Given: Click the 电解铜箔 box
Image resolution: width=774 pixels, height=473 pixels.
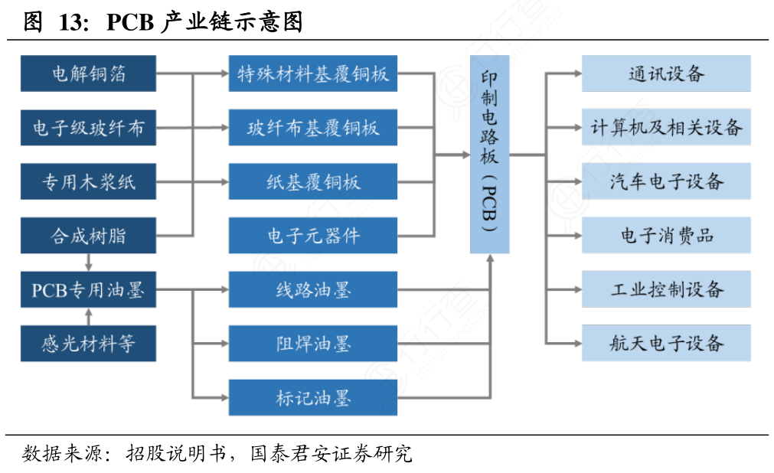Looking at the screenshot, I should tap(88, 73).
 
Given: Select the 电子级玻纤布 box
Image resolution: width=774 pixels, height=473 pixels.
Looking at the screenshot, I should tap(88, 128).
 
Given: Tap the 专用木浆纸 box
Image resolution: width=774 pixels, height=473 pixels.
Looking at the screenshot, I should tap(88, 181).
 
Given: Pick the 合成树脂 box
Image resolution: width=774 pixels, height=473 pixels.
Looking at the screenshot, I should tap(88, 236).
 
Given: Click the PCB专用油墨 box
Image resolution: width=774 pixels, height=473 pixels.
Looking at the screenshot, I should tap(88, 290).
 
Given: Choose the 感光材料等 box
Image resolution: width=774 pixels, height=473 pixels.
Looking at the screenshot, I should tap(88, 344).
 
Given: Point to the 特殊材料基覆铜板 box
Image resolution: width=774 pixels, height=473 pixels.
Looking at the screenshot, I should tap(312, 73).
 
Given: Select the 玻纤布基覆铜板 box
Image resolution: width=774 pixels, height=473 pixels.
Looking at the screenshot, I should tap(312, 128).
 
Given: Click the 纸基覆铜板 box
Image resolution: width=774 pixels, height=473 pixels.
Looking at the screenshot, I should tap(312, 181).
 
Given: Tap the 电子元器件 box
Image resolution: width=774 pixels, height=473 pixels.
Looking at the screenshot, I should tap(312, 236).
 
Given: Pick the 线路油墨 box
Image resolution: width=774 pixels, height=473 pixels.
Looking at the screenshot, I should tap(312, 290).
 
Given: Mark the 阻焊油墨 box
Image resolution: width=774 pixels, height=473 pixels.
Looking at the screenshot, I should tap(312, 344).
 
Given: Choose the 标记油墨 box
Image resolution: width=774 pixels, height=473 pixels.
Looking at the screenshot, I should tap(312, 398).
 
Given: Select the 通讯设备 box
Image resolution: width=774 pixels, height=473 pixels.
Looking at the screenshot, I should tap(665, 73).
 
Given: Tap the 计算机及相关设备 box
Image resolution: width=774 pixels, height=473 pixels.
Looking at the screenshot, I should tap(665, 128).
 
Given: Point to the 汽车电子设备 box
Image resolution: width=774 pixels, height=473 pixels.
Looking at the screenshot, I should tap(665, 181).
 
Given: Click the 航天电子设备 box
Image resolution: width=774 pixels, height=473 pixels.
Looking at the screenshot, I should tap(665, 344).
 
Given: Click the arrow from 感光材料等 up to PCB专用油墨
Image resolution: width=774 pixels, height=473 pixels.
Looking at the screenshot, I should tap(89, 317).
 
